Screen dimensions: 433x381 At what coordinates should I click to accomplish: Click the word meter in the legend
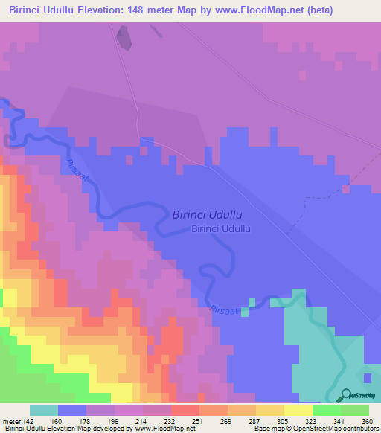[13, 420]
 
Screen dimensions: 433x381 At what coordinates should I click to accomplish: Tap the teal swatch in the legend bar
[44, 410]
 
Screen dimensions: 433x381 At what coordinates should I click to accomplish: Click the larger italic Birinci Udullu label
[208, 214]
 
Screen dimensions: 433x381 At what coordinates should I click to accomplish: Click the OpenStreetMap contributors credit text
[334, 429]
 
